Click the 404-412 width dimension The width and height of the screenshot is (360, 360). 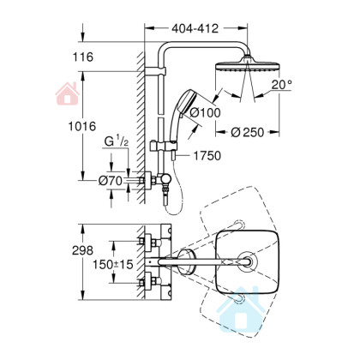(x=195, y=28)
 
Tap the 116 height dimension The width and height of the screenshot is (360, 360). (x=82, y=57)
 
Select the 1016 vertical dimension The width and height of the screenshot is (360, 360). (x=82, y=126)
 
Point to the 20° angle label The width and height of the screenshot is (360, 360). (x=281, y=85)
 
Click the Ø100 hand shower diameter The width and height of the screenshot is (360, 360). (x=206, y=112)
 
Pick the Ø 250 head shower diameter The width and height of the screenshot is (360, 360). (x=248, y=132)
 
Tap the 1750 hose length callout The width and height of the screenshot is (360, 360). (x=207, y=156)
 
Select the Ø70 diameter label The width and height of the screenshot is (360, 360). (x=111, y=181)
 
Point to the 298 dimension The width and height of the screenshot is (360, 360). (x=82, y=250)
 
